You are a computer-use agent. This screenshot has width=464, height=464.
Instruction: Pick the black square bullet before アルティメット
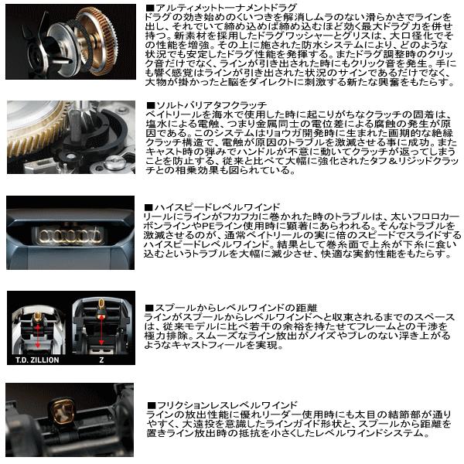coord(149,7)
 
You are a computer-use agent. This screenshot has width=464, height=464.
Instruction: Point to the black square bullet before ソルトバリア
coord(149,104)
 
